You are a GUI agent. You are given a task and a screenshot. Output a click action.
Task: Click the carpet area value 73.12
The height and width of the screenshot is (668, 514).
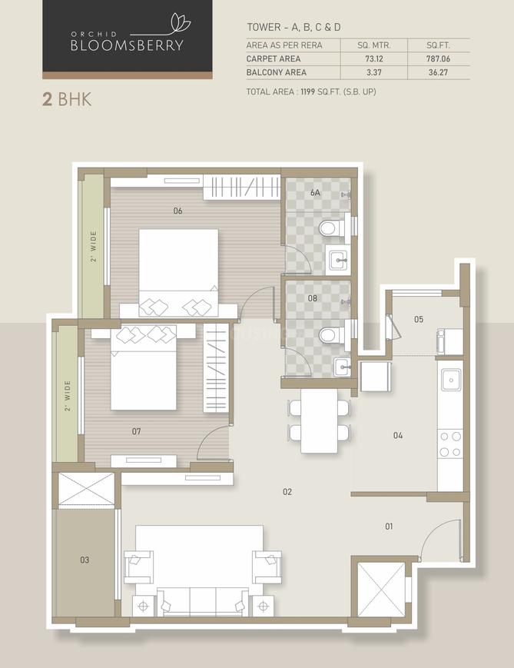(374, 58)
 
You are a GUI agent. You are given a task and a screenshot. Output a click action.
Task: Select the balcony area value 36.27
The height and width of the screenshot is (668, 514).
(438, 72)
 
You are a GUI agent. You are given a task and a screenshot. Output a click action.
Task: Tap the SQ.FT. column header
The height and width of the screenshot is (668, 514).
(438, 45)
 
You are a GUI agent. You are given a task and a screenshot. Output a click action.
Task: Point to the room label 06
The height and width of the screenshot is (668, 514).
(177, 211)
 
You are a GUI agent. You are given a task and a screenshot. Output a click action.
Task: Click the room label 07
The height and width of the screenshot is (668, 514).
(136, 431)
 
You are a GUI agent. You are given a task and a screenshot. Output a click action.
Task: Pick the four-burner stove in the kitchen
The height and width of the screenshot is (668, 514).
(450, 444)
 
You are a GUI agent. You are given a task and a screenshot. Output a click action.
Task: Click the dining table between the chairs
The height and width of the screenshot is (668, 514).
(320, 421)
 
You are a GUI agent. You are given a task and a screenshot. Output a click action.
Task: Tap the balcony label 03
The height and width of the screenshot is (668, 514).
(85, 560)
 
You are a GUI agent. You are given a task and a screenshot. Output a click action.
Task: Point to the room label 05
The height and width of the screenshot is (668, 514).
(419, 319)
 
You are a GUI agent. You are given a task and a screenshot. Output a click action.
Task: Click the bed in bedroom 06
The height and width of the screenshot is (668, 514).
(178, 267)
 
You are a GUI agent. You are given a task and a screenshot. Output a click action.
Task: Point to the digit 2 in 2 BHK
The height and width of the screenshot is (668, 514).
(47, 99)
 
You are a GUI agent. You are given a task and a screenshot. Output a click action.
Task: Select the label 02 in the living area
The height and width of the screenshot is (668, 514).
(287, 492)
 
